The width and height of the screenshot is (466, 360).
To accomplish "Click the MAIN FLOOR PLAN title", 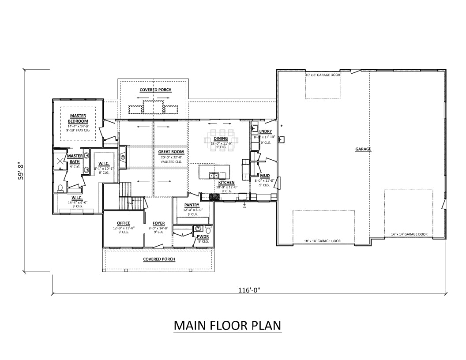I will pyautogui.click(x=227, y=326).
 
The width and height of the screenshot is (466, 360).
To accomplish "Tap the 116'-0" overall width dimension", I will pyautogui.click(x=249, y=290).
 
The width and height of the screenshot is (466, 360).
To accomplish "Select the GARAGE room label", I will pyautogui.click(x=363, y=150).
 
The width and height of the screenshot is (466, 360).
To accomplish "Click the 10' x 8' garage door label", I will pyautogui.click(x=323, y=75).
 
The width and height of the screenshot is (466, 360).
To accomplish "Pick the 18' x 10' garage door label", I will pyautogui.click(x=323, y=241).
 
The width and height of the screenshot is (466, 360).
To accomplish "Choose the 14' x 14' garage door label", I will pyautogui.click(x=409, y=234).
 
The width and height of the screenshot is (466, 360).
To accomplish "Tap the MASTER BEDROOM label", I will pyautogui.click(x=78, y=119).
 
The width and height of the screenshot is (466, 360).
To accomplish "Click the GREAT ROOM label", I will pyautogui.click(x=171, y=152).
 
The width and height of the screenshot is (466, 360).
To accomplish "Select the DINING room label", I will pyautogui.click(x=221, y=139).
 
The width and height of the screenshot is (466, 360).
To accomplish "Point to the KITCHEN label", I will pyautogui.click(x=226, y=182).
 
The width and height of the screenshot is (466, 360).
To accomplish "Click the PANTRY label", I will pyautogui.click(x=192, y=205).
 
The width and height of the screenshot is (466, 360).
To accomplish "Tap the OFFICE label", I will pyautogui.click(x=124, y=223).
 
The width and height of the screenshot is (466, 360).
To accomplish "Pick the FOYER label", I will pyautogui.click(x=158, y=223).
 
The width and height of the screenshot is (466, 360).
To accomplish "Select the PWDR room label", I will pyautogui.click(x=203, y=237).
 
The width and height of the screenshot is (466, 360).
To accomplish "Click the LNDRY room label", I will pyautogui.click(x=265, y=131).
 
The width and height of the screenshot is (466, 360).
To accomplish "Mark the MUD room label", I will pyautogui.click(x=265, y=176).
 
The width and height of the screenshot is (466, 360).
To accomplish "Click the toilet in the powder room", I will pyautogui.click(x=208, y=229).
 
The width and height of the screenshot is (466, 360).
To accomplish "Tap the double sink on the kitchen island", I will pyautogui.click(x=214, y=176).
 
